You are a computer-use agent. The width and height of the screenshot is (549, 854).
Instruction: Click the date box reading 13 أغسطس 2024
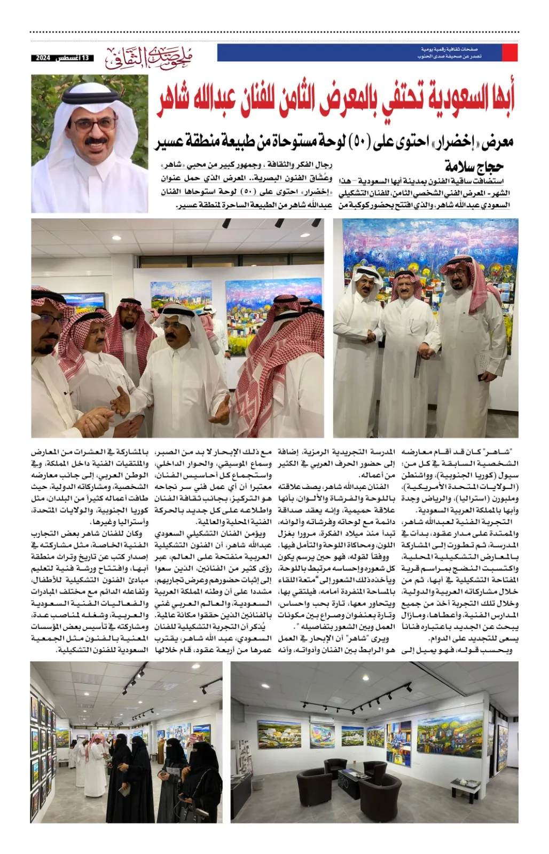(x=62, y=58)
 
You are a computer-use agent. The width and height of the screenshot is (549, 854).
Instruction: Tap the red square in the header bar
(x=509, y=52)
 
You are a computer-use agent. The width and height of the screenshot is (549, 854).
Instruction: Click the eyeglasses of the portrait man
(x=95, y=124)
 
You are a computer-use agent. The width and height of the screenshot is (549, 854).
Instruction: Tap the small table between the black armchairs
(x=353, y=775)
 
